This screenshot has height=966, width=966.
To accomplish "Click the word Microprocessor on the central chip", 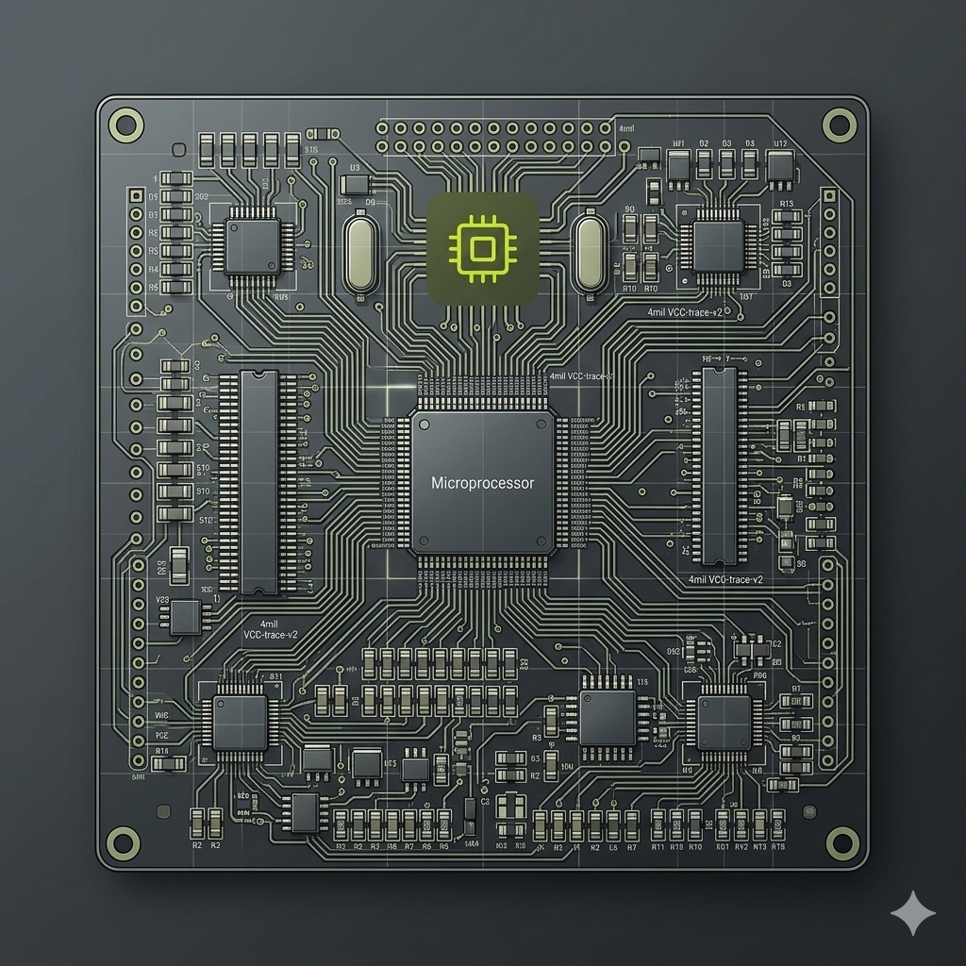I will tap(482, 483).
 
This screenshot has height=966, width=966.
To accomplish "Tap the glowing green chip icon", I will tap(482, 249).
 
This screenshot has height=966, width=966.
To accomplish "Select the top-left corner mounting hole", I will tap(126, 124).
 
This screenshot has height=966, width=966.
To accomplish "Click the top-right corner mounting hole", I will tap(839, 124).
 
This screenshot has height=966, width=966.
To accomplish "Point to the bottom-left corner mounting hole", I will tap(124, 839).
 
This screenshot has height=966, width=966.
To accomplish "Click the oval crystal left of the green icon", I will tap(359, 253).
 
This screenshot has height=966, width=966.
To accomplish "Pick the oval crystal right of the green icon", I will tap(589, 253).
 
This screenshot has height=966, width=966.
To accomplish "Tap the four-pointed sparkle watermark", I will tap(913, 913).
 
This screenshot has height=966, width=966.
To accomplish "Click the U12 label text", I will tap(780, 143).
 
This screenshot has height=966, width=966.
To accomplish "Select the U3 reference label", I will tap(356, 168).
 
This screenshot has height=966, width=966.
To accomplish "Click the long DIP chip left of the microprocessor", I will tap(258, 481).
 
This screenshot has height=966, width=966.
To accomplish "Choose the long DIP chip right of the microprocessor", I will tap(719, 466).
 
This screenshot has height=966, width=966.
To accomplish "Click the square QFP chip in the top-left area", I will tap(252, 245).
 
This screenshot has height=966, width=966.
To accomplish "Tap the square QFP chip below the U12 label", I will tap(718, 245).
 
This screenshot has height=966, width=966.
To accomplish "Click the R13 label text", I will tap(786, 202).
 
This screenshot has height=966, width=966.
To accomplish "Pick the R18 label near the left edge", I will tap(162, 752).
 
